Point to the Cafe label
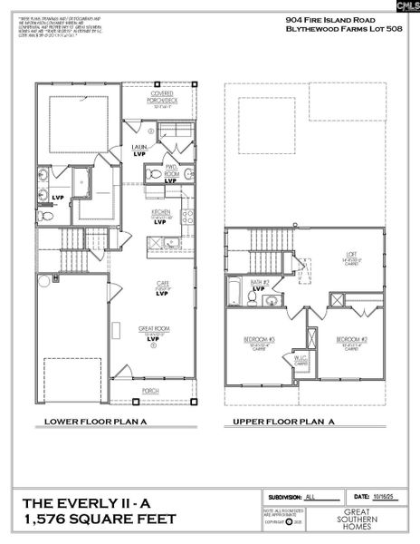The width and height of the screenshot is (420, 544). point(163,285)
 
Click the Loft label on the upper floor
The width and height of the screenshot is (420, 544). point(352,255)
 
